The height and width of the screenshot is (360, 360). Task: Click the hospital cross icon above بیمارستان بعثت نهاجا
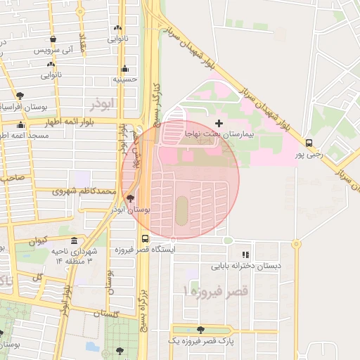(219, 104)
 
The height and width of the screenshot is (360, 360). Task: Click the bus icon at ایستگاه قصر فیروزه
(145, 238)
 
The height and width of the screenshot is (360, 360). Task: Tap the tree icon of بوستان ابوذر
(130, 199)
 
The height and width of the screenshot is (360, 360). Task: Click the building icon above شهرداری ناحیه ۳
(74, 240)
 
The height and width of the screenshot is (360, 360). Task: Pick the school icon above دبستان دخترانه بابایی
(245, 255)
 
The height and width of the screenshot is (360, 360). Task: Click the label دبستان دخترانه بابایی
(245, 266)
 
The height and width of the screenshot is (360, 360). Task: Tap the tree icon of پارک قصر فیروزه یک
(201, 329)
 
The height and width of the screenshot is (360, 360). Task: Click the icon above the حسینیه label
(125, 69)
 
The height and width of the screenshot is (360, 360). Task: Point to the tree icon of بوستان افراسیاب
(19, 96)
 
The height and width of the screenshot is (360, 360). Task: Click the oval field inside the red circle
(181, 210)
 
